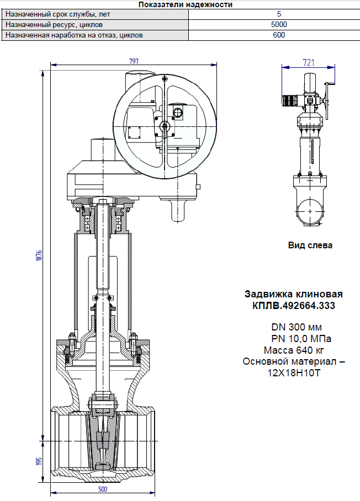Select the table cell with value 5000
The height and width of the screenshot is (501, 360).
coord(279,24)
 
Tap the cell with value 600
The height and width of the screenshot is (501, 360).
coord(279,35)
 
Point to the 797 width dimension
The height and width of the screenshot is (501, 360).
coord(134,61)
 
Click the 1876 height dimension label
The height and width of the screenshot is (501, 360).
coord(39,255)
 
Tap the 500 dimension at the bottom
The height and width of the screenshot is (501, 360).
coord(102,489)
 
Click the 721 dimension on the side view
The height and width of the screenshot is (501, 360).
coord(309,63)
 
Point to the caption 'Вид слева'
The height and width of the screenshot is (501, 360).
coord(310,246)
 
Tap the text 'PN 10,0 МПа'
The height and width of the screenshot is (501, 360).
coord(301,338)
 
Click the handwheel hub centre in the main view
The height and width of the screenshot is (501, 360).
coord(165,126)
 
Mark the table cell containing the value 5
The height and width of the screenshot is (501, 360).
coord(279,14)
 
